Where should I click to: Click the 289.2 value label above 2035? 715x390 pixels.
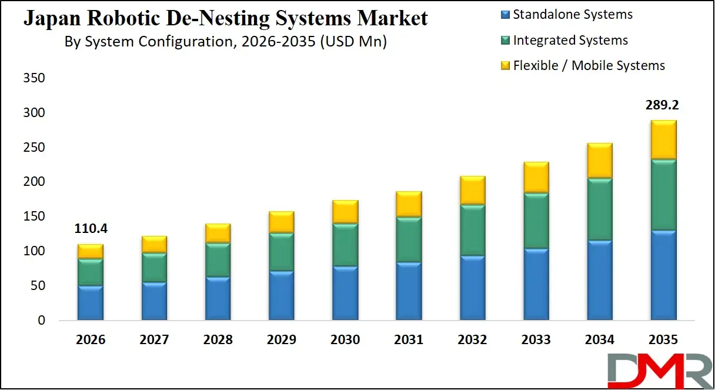[x=663, y=106]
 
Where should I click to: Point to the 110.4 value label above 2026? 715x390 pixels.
[x=91, y=229]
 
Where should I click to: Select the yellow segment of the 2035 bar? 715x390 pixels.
[x=663, y=139]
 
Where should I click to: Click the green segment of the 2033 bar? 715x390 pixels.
[x=536, y=221]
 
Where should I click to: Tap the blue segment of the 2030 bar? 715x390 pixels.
[x=345, y=293]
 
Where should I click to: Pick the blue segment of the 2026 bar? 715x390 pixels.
[x=91, y=303]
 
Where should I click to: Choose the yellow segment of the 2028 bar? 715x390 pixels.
[x=218, y=233]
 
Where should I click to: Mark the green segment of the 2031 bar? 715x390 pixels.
[x=409, y=239]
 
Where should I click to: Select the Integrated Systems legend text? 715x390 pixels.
[x=570, y=40]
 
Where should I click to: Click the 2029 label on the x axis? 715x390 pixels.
[x=282, y=340]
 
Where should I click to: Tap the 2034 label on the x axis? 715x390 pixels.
[x=599, y=340]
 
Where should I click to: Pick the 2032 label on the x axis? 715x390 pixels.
[x=472, y=340]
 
